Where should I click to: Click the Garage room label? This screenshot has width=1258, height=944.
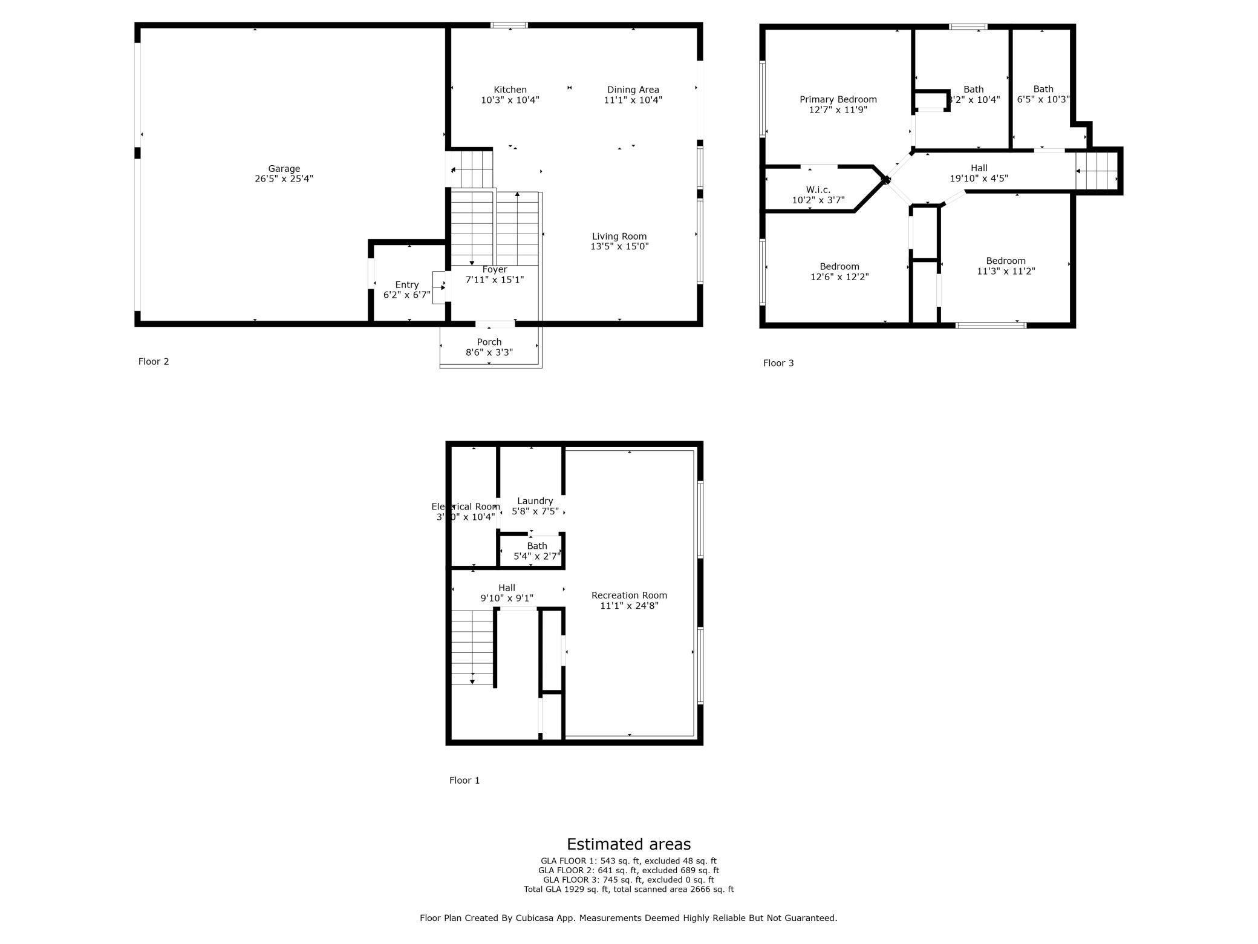(284, 169)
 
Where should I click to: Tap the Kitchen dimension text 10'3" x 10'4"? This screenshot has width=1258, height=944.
(510, 100)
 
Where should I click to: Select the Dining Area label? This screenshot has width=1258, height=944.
(633, 90)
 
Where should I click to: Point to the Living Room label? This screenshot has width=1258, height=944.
(619, 237)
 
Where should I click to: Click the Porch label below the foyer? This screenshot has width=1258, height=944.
(489, 342)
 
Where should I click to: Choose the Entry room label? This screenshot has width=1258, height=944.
(406, 285)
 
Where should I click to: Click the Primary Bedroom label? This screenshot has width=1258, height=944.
(838, 100)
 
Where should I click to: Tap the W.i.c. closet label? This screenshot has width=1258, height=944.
(818, 190)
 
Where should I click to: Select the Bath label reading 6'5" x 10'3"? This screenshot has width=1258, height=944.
(1043, 94)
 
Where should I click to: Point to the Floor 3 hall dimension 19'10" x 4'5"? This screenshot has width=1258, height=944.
(979, 179)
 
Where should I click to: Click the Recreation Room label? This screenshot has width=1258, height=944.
(629, 595)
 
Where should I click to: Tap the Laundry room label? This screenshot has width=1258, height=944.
(535, 501)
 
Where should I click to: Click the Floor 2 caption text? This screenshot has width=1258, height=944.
(154, 362)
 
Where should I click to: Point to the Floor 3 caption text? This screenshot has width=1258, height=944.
(778, 363)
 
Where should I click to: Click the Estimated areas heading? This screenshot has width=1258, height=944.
(628, 844)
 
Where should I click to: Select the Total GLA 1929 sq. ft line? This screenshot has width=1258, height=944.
(628, 890)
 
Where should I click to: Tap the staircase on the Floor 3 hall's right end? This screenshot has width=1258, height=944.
(1096, 171)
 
